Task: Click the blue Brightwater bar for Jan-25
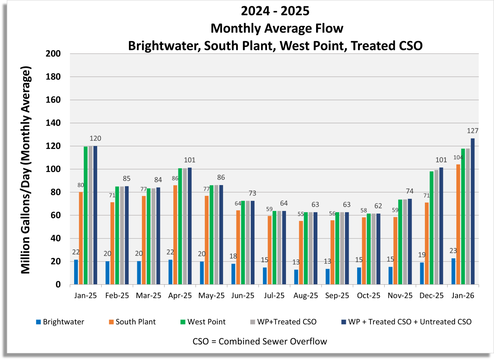(x=76, y=272)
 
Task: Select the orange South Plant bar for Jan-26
(x=458, y=224)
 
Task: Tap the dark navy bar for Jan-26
(x=473, y=211)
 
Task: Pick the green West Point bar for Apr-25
(x=180, y=226)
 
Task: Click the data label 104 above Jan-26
(x=458, y=157)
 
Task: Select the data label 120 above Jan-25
(x=95, y=139)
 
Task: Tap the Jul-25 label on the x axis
(x=274, y=295)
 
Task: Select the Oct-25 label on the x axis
(x=368, y=295)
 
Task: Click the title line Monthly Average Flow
(x=277, y=28)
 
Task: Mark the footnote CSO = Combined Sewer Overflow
(x=260, y=341)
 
